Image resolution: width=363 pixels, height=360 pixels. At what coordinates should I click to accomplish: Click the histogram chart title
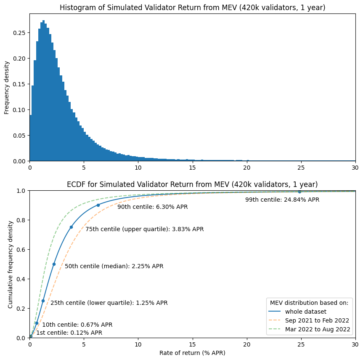(192, 8)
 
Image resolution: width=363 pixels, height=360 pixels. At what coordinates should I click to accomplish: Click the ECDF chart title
(192, 184)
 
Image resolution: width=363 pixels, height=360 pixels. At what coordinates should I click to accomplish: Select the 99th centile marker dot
(299, 192)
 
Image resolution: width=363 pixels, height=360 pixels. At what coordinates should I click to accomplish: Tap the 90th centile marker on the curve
(98, 205)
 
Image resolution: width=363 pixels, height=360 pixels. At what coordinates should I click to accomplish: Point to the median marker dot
(54, 264)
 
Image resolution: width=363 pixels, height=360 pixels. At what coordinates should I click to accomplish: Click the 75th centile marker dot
(71, 227)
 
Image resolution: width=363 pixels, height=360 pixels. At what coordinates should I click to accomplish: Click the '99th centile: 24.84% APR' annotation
(282, 200)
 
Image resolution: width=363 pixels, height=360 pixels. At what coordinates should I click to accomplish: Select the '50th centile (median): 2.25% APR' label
(114, 266)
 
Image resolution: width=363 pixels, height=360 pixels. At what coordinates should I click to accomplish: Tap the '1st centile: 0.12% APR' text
(69, 333)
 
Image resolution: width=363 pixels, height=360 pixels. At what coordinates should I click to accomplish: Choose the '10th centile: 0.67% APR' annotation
(77, 325)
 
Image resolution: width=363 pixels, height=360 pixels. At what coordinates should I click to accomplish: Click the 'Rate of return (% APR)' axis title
(192, 352)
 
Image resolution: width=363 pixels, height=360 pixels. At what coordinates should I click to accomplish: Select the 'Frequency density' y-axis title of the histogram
(7, 87)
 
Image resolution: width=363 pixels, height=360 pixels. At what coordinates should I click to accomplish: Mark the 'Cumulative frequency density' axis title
(11, 264)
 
